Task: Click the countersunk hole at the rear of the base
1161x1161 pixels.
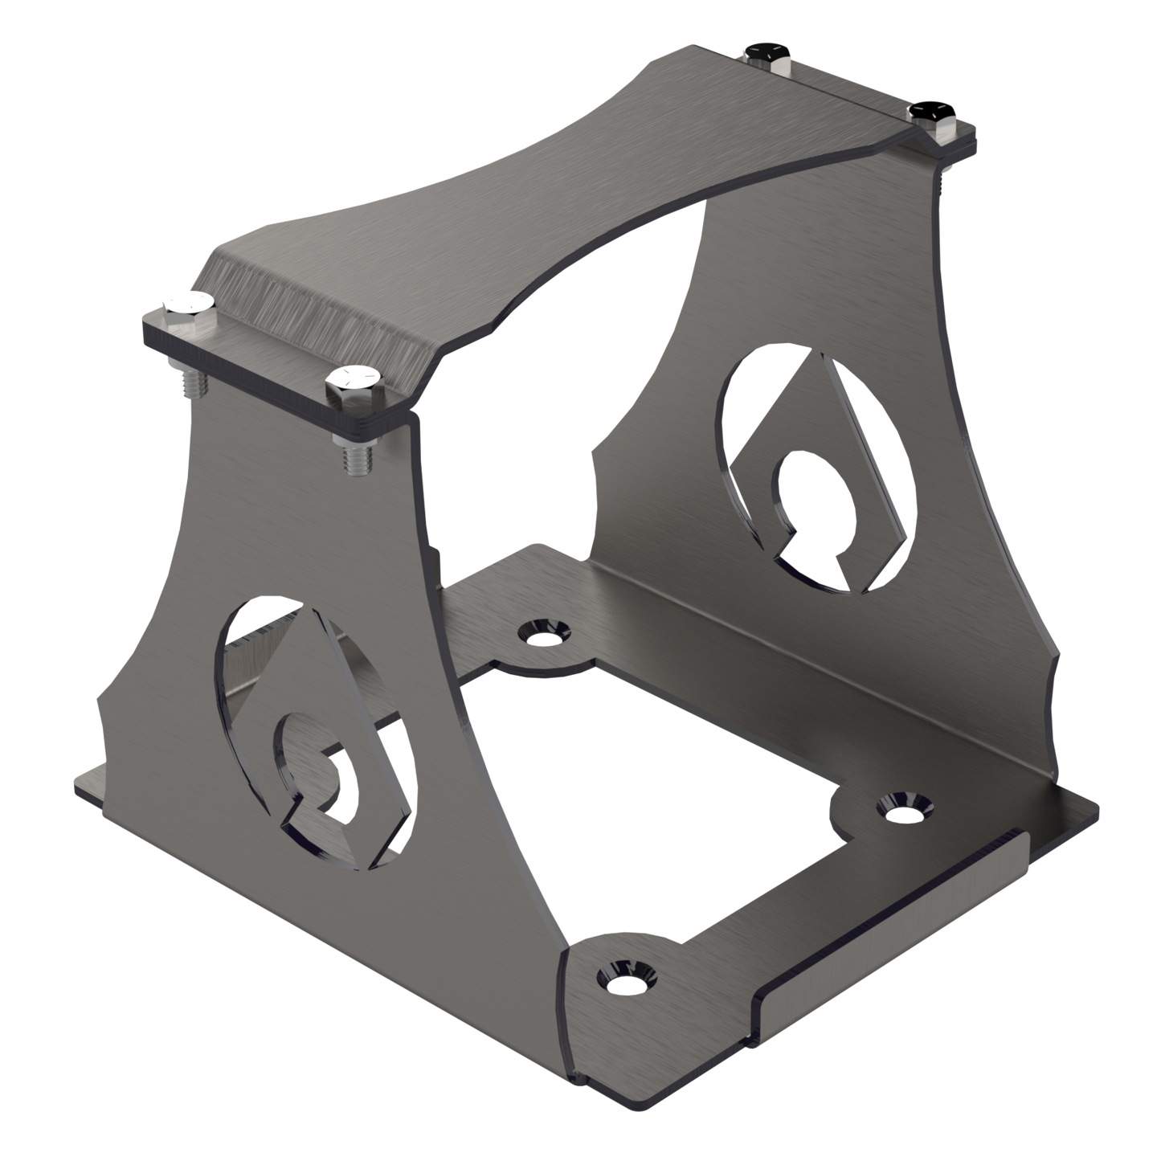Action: point(545,634)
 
